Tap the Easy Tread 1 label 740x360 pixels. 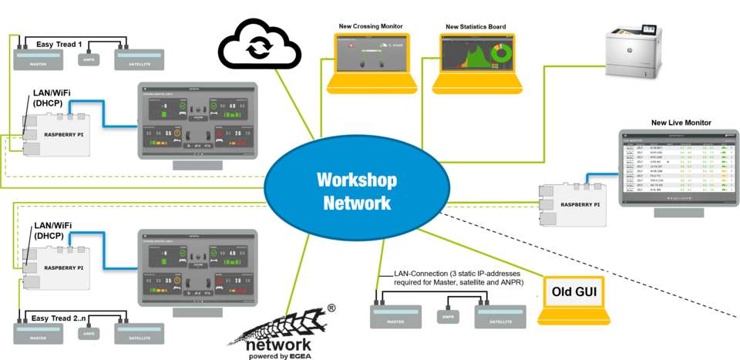(x=59, y=45)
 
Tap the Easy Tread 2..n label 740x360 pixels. (x=59, y=318)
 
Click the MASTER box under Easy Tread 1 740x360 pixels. (x=38, y=59)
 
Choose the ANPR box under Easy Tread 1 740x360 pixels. (x=89, y=59)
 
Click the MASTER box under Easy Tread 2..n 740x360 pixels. (x=38, y=333)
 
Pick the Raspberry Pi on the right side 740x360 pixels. (x=575, y=205)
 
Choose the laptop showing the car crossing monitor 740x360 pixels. (x=372, y=61)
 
